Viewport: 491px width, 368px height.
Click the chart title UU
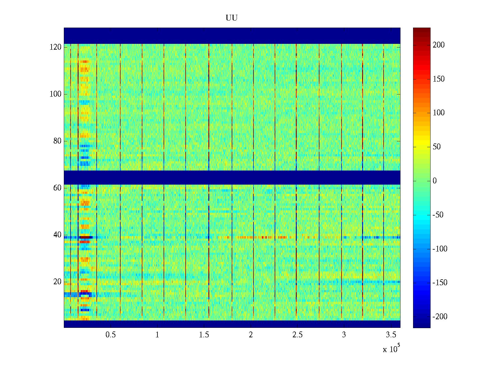(232, 18)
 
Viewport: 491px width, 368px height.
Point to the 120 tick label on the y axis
(56, 47)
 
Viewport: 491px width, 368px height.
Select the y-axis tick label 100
(56, 94)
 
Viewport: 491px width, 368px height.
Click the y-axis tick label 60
(57, 188)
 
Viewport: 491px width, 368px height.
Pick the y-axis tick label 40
(57, 235)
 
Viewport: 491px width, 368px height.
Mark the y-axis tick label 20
(57, 282)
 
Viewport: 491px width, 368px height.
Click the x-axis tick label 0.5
(111, 335)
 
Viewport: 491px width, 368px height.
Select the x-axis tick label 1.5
(204, 335)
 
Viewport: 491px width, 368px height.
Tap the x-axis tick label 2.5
(297, 335)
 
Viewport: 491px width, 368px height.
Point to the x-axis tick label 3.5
(391, 335)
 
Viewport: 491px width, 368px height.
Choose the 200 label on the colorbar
(439, 45)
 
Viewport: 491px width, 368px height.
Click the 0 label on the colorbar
(435, 181)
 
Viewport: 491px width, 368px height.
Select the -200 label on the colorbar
(440, 317)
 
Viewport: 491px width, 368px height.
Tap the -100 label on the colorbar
(440, 249)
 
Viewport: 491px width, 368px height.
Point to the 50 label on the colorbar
(437, 147)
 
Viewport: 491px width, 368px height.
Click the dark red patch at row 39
(86, 237)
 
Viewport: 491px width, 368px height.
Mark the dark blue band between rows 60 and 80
(232, 177)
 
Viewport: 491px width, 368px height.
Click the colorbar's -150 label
(440, 283)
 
